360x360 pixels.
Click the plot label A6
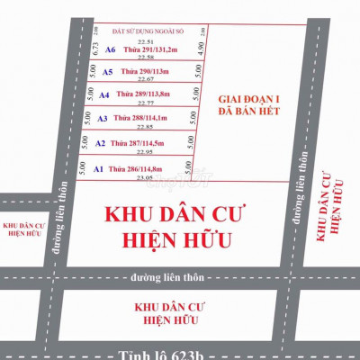click(x=111, y=50)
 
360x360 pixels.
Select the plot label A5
click(x=107, y=72)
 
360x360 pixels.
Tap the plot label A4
click(x=104, y=94)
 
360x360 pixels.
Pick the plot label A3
click(x=102, y=119)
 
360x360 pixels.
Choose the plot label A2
click(x=100, y=143)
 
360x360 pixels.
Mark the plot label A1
click(x=98, y=168)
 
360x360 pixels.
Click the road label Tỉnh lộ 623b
click(x=180, y=354)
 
